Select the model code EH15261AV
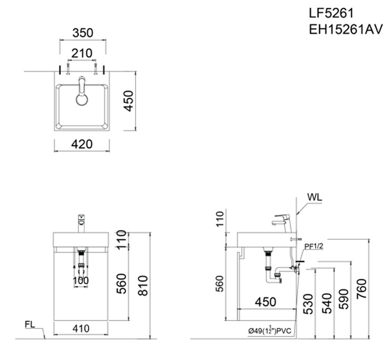[345, 28]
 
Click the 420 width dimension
[81, 145]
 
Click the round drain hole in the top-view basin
[82, 99]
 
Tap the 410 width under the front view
[81, 329]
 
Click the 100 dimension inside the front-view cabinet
[81, 280]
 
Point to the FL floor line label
[31, 323]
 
